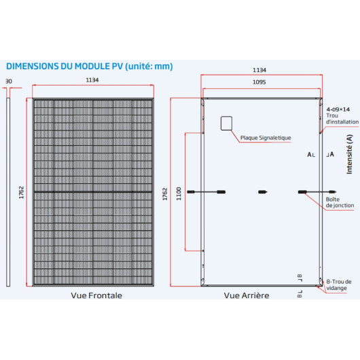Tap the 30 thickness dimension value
click(9, 82)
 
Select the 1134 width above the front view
click(92, 80)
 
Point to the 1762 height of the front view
click(21, 192)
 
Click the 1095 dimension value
click(259, 82)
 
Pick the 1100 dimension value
click(179, 194)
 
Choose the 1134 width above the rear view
click(259, 70)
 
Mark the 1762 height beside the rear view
click(165, 194)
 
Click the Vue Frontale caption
click(96, 295)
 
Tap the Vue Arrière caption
click(247, 295)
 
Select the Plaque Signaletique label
click(266, 138)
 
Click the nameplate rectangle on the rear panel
click(226, 124)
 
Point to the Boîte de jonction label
click(340, 202)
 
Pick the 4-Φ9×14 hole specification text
click(338, 109)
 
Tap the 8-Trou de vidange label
click(339, 285)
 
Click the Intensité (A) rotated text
click(349, 154)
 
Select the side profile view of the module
click(8, 192)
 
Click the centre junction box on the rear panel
click(263, 192)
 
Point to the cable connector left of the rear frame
click(191, 192)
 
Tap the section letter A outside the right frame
click(331, 154)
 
